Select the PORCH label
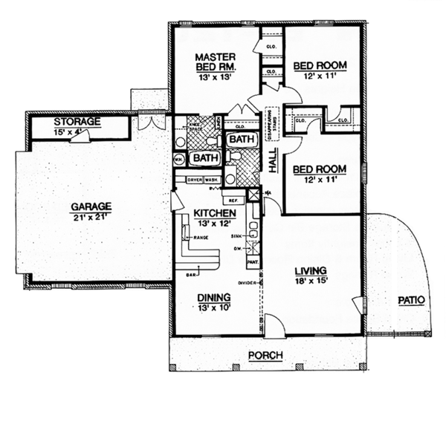[x=265, y=355]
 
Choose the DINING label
[x=213, y=297]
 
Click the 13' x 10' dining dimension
[x=213, y=309]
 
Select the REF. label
[x=233, y=200]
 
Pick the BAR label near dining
[x=191, y=275]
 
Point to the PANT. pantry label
[x=253, y=261]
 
